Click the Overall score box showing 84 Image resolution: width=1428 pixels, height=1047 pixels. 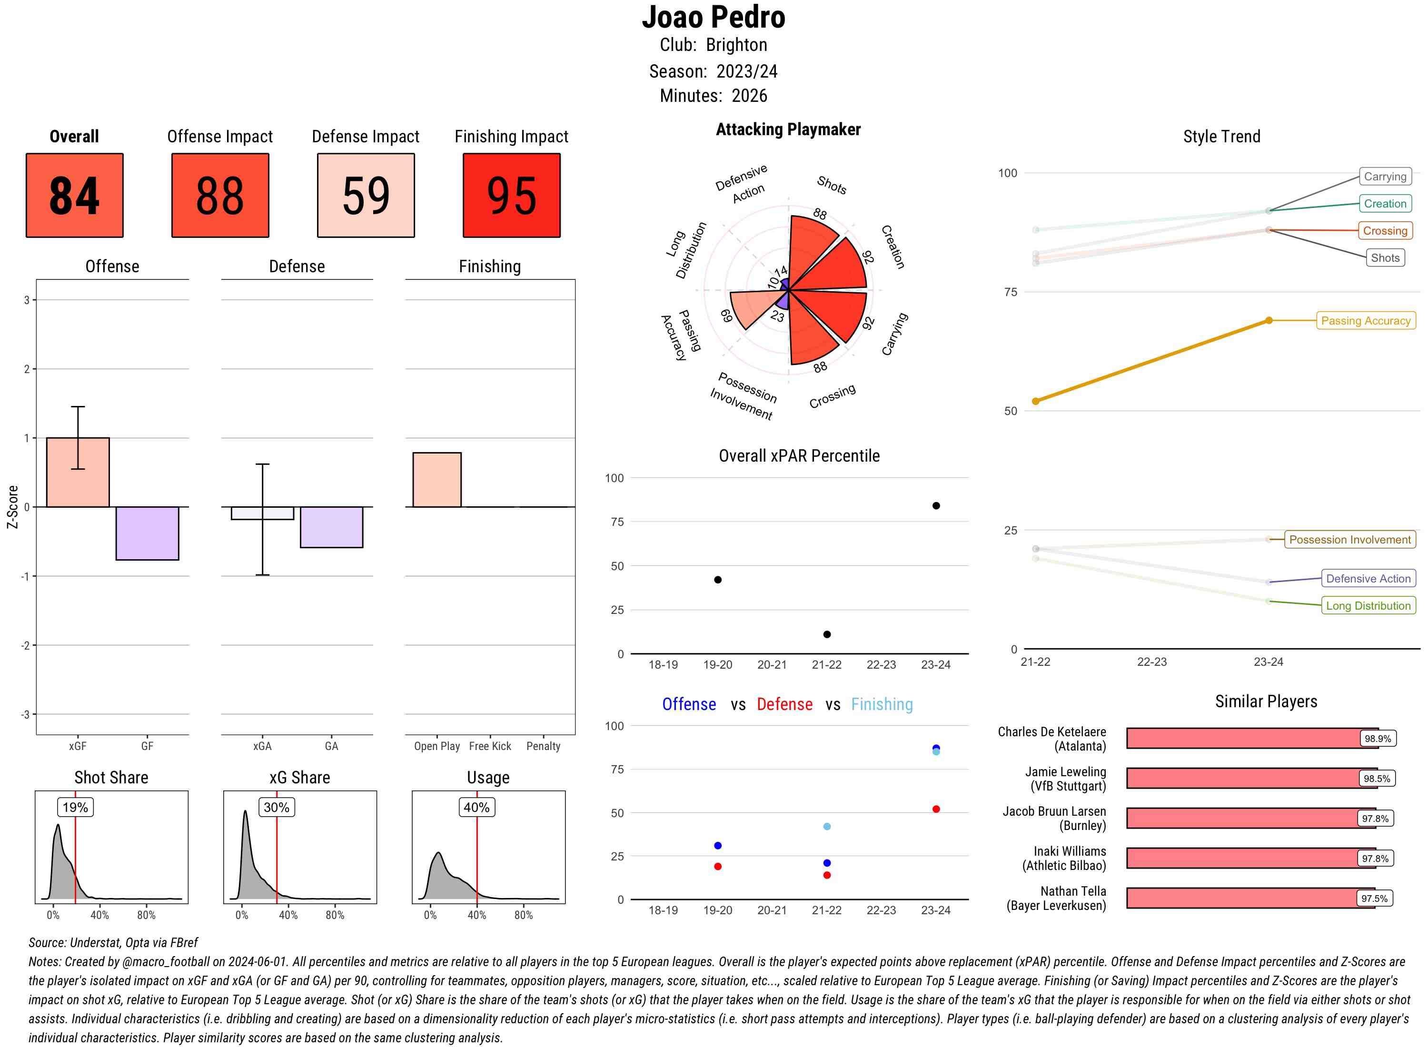(x=74, y=195)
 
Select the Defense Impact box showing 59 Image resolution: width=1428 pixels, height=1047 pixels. (x=366, y=195)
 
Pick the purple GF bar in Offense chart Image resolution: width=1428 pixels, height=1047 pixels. (x=147, y=533)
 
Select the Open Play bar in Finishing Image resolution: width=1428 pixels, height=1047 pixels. (x=436, y=480)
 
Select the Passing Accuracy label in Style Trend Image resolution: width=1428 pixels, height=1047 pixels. (x=1365, y=321)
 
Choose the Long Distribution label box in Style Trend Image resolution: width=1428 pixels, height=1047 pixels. (x=1368, y=606)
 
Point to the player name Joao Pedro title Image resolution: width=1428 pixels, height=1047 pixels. (x=713, y=17)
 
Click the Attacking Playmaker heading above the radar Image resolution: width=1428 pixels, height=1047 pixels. (x=788, y=129)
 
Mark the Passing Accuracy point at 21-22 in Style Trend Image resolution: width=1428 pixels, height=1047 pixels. (x=1035, y=401)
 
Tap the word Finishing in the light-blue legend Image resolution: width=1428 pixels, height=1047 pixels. (x=882, y=704)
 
